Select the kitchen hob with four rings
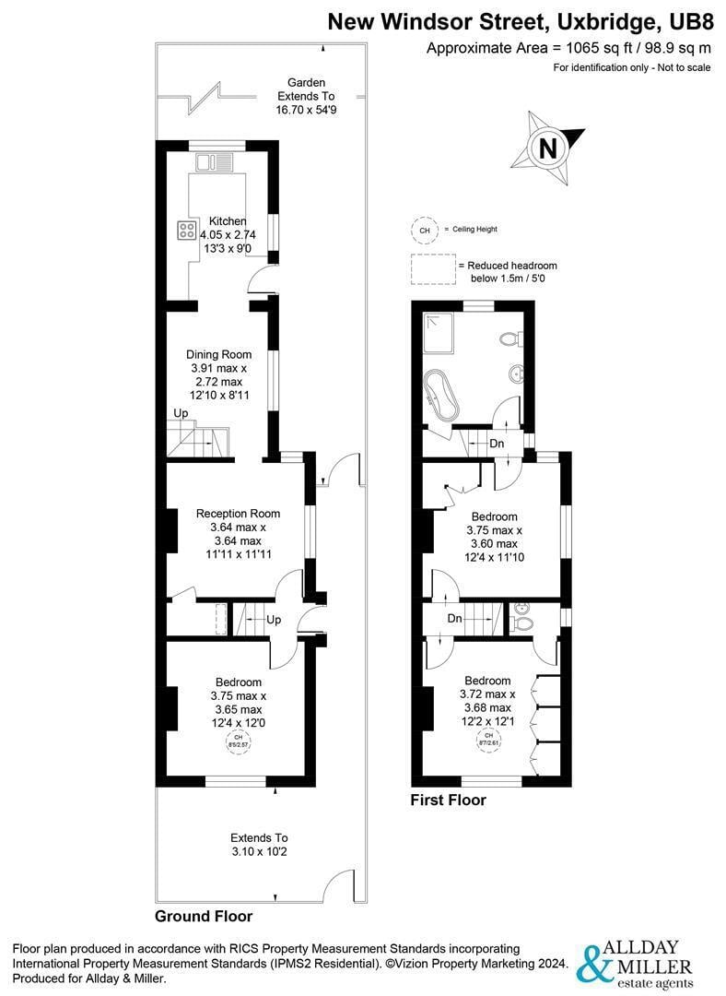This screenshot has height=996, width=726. coord(187,230)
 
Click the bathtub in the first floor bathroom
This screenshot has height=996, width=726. coord(441,394)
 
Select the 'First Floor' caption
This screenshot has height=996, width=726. coord(448,800)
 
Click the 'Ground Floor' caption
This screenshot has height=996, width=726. coord(204,917)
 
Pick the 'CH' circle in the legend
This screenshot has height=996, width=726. coord(424,230)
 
